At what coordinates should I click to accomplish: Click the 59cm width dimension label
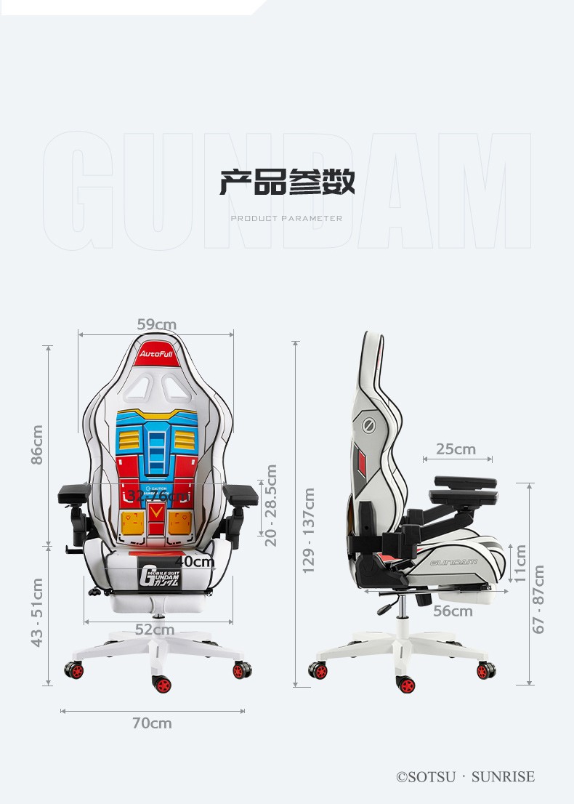click(156, 324)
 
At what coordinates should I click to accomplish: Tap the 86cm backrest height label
click(37, 444)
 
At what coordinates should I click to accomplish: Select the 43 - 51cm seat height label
click(37, 611)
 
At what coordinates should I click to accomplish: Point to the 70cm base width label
click(152, 723)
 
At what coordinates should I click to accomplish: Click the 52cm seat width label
click(155, 629)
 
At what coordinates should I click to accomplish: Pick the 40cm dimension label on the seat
click(194, 561)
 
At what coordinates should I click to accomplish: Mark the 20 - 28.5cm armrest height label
click(270, 506)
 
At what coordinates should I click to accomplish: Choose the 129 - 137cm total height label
click(309, 530)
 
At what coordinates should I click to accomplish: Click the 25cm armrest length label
click(456, 449)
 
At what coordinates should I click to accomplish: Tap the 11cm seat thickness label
click(520, 563)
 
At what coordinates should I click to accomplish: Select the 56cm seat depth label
click(453, 611)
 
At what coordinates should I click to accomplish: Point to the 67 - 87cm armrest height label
click(538, 599)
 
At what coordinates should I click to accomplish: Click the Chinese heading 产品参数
click(287, 182)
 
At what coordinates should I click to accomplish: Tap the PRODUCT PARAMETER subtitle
click(286, 218)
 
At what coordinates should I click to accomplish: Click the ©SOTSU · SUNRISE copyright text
click(465, 776)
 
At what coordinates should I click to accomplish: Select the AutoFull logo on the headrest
click(156, 352)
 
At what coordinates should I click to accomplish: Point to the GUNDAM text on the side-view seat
click(453, 562)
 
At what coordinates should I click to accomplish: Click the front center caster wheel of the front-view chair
click(161, 684)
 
